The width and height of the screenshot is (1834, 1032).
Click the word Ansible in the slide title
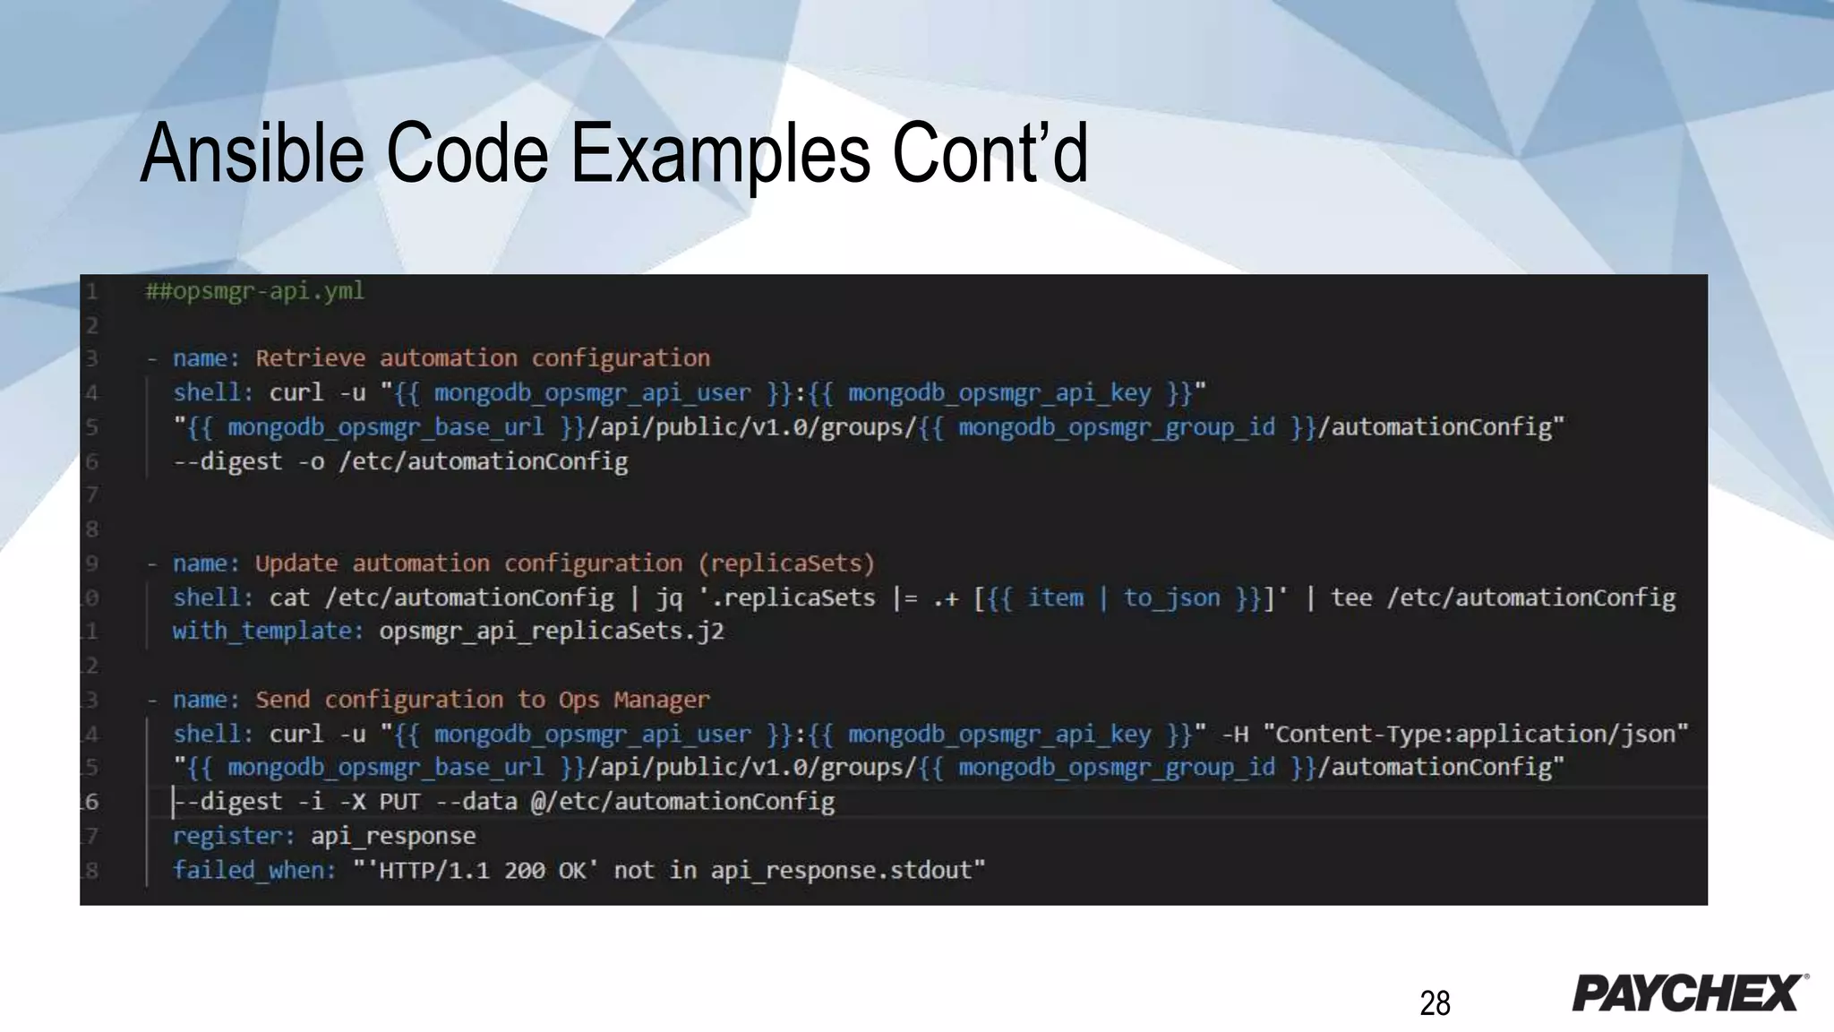(x=252, y=153)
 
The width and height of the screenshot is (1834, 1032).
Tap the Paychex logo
(x=1689, y=993)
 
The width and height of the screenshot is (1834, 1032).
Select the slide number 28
(x=1435, y=1003)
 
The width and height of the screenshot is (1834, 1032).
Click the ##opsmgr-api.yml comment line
(x=255, y=291)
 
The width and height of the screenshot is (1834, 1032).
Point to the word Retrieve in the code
(x=310, y=358)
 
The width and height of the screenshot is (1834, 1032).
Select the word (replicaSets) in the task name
(x=786, y=563)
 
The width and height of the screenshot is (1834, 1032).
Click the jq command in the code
(x=669, y=598)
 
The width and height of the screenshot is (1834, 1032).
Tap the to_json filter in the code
(x=1171, y=598)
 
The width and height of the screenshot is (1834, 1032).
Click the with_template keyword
(x=268, y=632)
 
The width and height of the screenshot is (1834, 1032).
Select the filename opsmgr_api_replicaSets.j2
(x=551, y=632)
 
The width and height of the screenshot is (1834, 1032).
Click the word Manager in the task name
(x=661, y=700)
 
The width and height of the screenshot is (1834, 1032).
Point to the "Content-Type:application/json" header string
(x=1475, y=735)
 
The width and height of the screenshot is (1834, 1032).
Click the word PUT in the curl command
(x=399, y=802)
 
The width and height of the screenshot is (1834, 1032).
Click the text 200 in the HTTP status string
(x=524, y=871)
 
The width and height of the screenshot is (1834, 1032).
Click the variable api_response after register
(x=393, y=837)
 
